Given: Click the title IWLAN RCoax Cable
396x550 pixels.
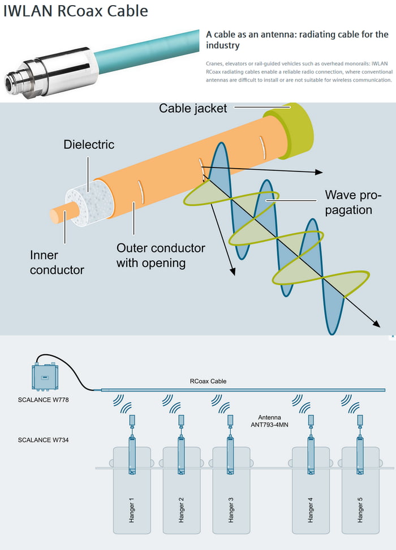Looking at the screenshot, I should tap(75, 11).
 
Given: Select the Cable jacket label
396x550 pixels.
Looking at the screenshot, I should tap(192, 108).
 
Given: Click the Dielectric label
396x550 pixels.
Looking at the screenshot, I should tap(88, 145).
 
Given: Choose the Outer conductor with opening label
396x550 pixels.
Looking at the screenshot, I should tap(161, 256).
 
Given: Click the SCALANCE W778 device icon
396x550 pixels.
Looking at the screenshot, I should tap(45, 376).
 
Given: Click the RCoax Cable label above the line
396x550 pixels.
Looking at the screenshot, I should tap(208, 381).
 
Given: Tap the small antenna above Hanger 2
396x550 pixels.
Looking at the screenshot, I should tap(182, 420).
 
